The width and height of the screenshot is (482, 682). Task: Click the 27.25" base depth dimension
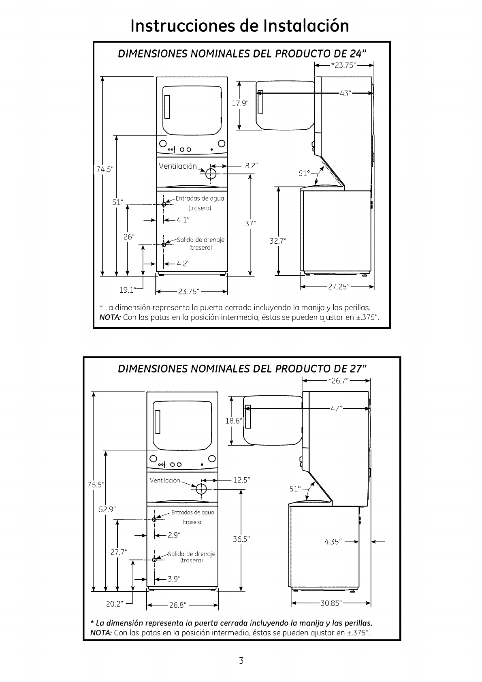point(339,287)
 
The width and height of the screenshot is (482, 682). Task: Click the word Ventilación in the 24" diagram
point(177,166)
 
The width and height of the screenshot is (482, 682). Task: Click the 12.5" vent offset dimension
point(241,480)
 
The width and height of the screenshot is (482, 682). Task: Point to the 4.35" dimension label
point(333,541)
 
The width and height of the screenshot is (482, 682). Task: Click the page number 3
point(241,661)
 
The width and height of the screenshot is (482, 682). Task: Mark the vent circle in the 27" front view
point(201,489)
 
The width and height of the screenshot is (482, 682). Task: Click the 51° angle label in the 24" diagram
point(305,173)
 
